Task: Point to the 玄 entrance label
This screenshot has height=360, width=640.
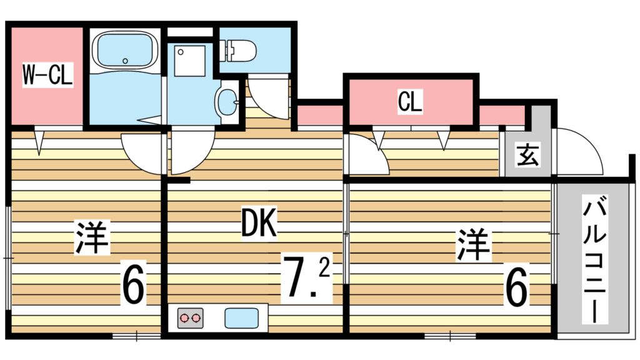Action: [x=528, y=154]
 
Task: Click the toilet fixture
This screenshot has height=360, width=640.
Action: [x=239, y=50]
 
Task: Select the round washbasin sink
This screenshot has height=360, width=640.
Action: [x=227, y=101]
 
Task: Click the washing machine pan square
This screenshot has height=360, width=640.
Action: [x=190, y=60]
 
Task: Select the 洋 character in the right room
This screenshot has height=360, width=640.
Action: [x=474, y=244]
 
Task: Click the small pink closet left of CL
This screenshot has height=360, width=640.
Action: [x=319, y=116]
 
